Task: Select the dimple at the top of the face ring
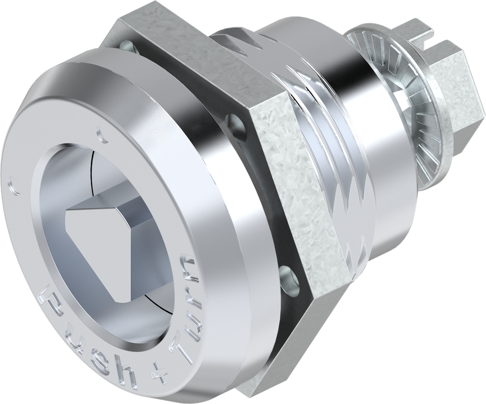[100, 133]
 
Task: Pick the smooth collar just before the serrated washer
[380, 142]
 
